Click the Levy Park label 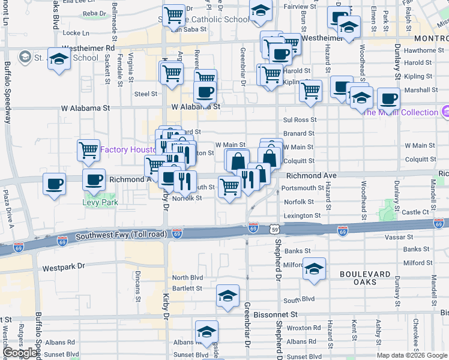[x=100, y=202]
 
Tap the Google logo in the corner [x=20, y=353]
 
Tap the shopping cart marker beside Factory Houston [x=89, y=149]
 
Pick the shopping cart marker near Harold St [x=271, y=74]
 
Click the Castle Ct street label [x=415, y=212]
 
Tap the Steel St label [x=145, y=94]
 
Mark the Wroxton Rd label [x=303, y=328]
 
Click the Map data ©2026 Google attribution [x=411, y=355]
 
